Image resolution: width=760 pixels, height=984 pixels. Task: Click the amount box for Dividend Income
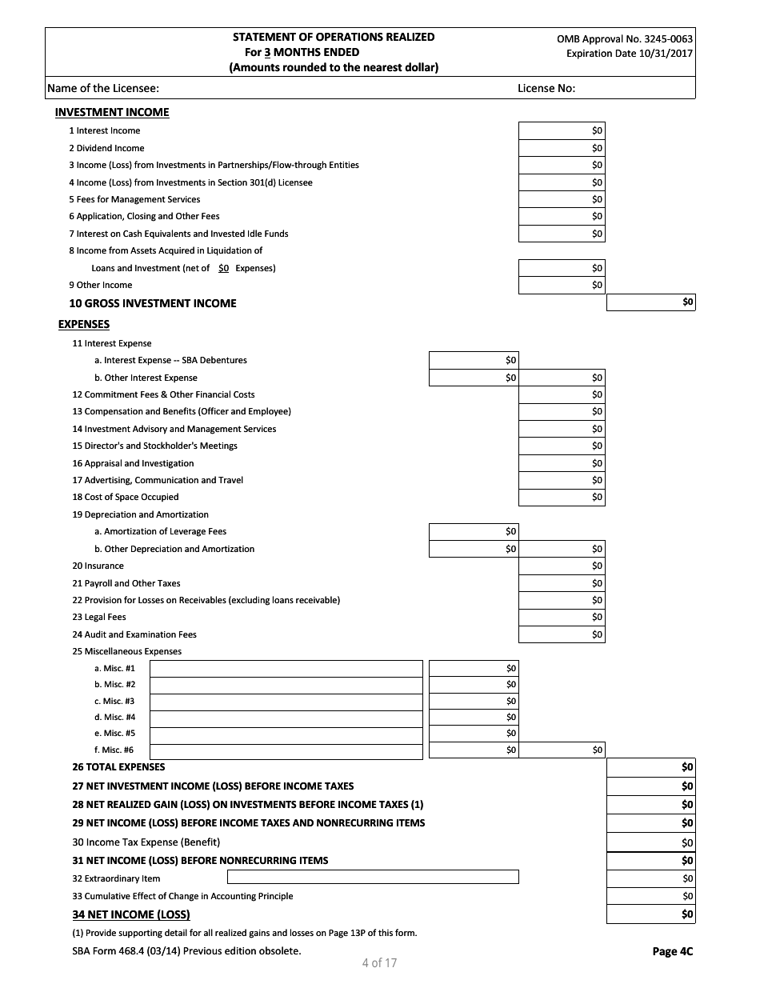(x=562, y=148)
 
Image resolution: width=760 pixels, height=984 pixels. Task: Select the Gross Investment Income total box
(x=650, y=302)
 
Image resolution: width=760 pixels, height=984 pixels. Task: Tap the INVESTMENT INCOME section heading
(x=112, y=113)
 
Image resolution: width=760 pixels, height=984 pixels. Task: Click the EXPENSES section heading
(x=84, y=324)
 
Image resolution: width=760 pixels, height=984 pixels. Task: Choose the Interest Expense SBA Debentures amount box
(x=474, y=360)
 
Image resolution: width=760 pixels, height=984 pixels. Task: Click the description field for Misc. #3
(x=286, y=701)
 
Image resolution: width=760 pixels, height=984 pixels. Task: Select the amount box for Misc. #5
(x=474, y=734)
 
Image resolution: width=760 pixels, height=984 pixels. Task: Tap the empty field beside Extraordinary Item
(x=340, y=878)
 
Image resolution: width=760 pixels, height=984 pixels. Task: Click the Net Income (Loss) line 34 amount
(x=650, y=914)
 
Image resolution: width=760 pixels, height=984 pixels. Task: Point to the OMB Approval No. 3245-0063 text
(x=625, y=38)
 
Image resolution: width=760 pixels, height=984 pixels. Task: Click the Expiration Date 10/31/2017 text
(x=629, y=54)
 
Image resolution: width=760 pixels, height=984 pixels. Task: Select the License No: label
(x=546, y=89)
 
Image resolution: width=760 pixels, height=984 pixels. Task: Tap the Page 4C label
(x=672, y=951)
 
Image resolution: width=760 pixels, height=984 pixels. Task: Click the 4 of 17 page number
(x=379, y=962)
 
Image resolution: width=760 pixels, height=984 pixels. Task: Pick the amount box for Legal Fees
(x=562, y=618)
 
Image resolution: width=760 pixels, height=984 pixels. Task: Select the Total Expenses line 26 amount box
(x=650, y=767)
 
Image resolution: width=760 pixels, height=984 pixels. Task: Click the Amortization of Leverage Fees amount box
(x=474, y=531)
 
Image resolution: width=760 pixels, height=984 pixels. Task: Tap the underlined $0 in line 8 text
(x=223, y=269)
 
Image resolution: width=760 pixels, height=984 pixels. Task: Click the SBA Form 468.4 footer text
(x=186, y=951)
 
